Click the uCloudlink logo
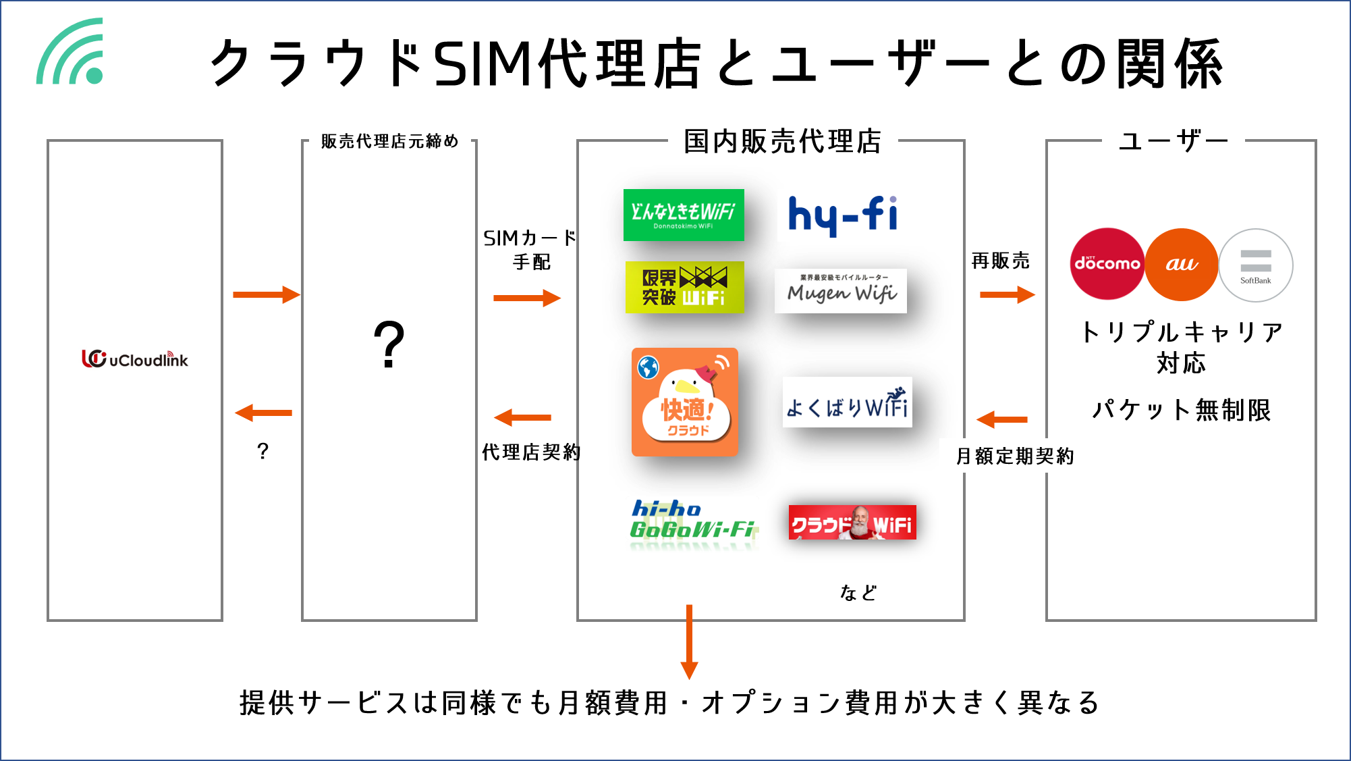(x=135, y=359)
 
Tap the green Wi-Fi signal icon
(x=72, y=53)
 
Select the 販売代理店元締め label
(x=389, y=140)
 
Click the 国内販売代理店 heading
(x=782, y=140)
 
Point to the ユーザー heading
(x=1173, y=140)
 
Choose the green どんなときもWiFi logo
(x=683, y=215)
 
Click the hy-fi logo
(x=842, y=215)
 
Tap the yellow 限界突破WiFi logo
(x=684, y=287)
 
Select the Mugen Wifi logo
(x=840, y=291)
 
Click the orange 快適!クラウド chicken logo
(x=684, y=402)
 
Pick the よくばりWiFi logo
(x=847, y=402)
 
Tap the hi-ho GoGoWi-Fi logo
(x=692, y=524)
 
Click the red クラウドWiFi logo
(x=852, y=522)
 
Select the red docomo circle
(x=1107, y=264)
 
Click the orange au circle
(x=1181, y=264)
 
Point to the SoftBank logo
(x=1255, y=265)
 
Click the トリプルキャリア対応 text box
(x=1180, y=347)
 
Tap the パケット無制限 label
(x=1180, y=409)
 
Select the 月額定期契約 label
(x=1014, y=456)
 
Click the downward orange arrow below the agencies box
(x=689, y=641)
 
